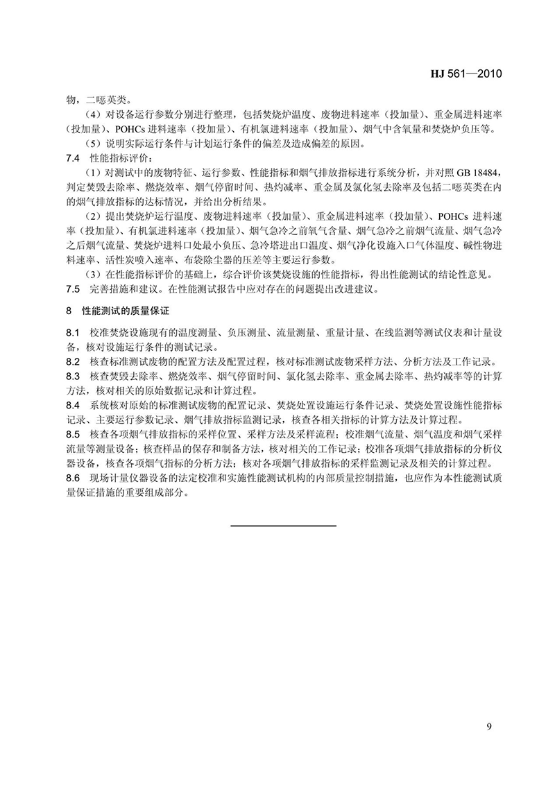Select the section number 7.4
(x=72, y=159)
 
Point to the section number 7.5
(x=72, y=289)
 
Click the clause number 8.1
(x=72, y=334)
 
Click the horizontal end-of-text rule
(x=283, y=526)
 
